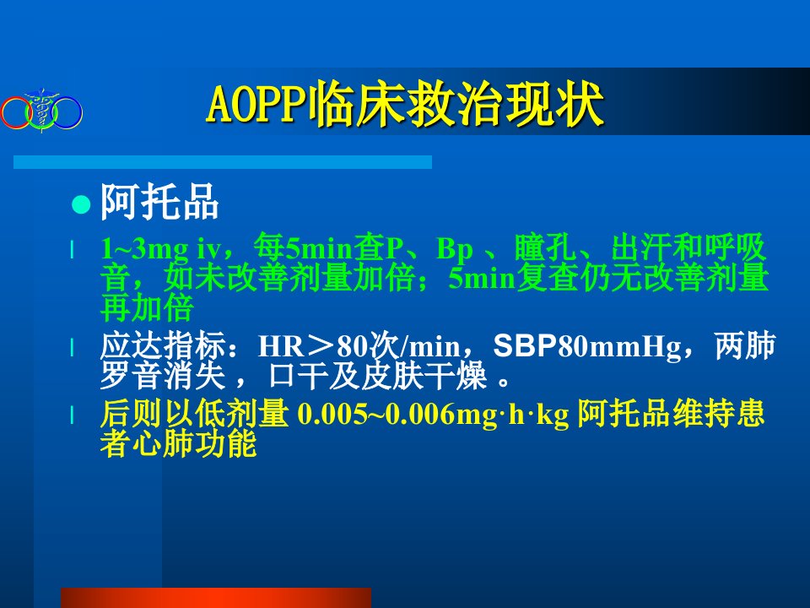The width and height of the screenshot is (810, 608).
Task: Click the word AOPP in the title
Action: click(x=256, y=105)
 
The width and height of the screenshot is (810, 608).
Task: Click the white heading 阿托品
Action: click(x=159, y=202)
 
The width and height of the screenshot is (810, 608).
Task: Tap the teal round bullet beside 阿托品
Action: click(x=81, y=204)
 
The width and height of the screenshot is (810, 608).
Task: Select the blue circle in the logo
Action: click(x=67, y=112)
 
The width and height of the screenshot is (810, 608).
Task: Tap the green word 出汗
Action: click(x=641, y=247)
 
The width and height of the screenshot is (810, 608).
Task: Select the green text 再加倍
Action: click(x=147, y=308)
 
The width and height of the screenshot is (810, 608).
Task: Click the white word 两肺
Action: click(x=745, y=345)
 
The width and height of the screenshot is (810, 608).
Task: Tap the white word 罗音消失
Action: click(x=163, y=375)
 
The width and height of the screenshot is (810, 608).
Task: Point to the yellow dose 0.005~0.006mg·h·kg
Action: click(x=433, y=415)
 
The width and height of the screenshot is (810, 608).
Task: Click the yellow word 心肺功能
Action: click(x=195, y=443)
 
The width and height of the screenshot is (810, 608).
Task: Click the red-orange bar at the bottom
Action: click(x=216, y=598)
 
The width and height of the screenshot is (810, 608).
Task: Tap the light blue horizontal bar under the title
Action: click(x=223, y=162)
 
